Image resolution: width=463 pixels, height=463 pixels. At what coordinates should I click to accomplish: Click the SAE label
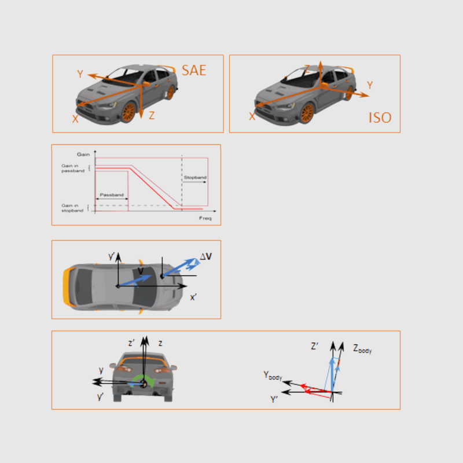point(194,71)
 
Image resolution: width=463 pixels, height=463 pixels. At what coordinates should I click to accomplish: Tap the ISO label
point(380,118)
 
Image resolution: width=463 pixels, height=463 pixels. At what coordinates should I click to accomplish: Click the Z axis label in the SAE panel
point(152,116)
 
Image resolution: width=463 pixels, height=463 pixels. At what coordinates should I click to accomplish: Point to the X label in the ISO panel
point(252,116)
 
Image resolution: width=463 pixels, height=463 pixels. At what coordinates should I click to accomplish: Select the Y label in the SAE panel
point(80,74)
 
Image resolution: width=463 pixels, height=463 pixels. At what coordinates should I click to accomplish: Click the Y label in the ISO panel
point(370,85)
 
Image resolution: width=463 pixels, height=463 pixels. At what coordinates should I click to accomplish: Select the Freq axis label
point(205,218)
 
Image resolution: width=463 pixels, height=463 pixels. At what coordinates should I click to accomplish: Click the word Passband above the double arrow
point(111,195)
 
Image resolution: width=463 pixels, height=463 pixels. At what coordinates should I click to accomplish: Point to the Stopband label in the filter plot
point(194,177)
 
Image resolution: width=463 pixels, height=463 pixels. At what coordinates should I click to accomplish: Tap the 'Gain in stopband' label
point(73,208)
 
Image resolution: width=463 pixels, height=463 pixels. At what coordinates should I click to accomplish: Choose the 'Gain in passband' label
point(73,168)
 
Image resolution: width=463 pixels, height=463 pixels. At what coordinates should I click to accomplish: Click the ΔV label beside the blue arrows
point(205,256)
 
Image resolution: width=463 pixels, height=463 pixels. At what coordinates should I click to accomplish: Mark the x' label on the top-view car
point(195,297)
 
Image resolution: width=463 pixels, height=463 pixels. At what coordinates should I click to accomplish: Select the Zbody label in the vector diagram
point(362,349)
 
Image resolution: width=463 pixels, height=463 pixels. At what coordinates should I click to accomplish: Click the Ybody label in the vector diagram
point(273,376)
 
